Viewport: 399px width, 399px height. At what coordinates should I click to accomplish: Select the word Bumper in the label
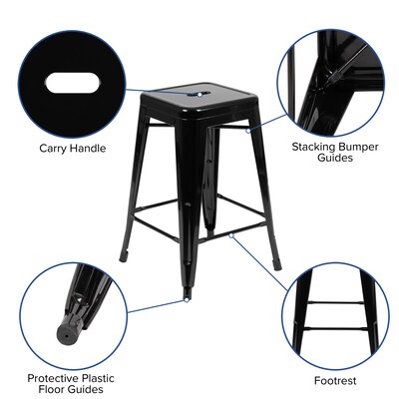[362, 146]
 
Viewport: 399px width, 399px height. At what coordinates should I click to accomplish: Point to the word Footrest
[334, 380]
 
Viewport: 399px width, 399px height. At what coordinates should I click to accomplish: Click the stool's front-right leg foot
[276, 265]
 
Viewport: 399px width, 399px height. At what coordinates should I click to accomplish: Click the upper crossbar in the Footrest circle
[334, 302]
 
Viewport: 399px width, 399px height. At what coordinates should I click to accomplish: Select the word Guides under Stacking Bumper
[334, 158]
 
